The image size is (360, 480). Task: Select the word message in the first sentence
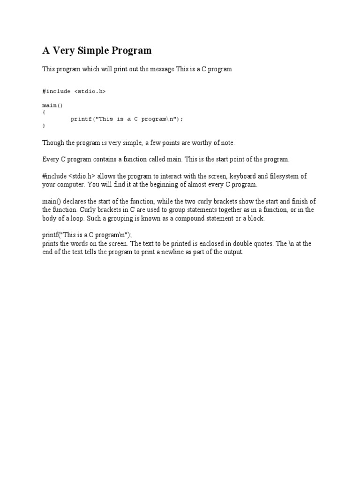pyautogui.click(x=162, y=69)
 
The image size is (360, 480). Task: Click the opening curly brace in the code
pyautogui.click(x=44, y=112)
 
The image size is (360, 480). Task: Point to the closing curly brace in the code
pyautogui.click(x=44, y=126)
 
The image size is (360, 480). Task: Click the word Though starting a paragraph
pyautogui.click(x=52, y=142)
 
